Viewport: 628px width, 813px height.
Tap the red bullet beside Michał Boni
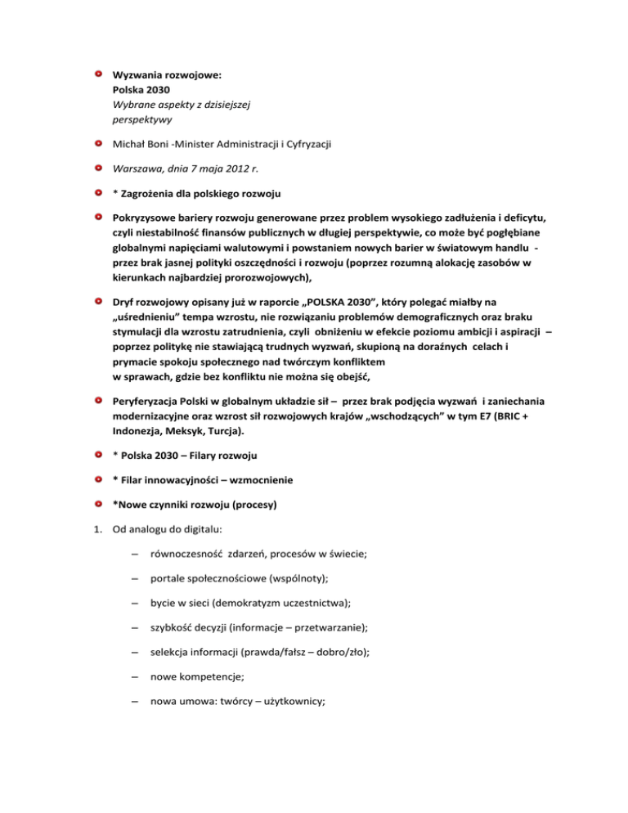click(97, 145)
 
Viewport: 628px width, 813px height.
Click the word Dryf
click(125, 303)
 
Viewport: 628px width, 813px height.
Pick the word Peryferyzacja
click(150, 402)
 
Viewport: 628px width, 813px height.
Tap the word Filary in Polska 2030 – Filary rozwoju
click(216, 455)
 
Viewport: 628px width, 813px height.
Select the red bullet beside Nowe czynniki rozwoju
click(97, 503)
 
